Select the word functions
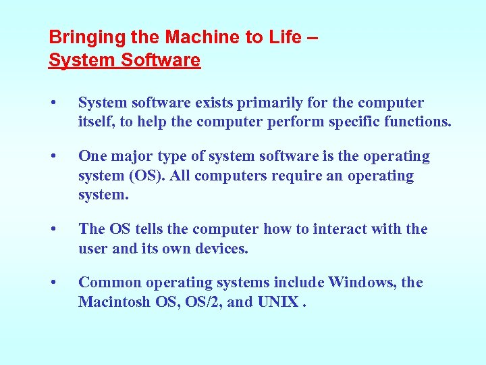[418, 122]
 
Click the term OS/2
[202, 302]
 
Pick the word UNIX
[277, 302]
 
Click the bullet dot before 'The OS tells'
[53, 230]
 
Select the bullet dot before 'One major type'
[53, 157]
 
